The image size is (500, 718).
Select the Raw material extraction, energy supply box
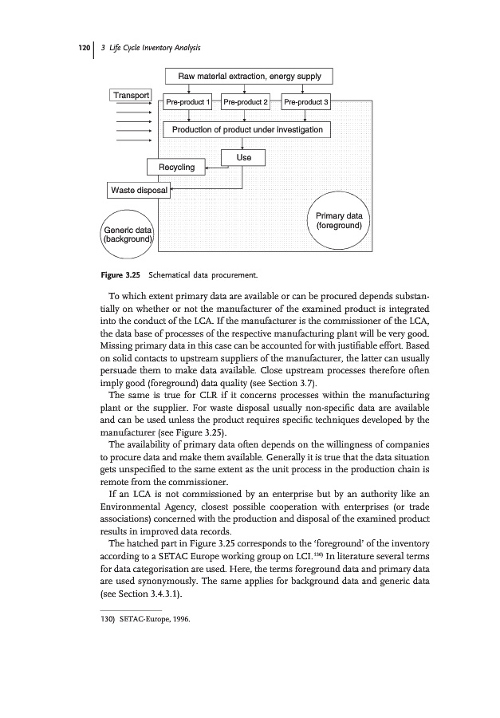pyautogui.click(x=248, y=77)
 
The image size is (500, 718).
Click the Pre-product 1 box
pyautogui.click(x=187, y=103)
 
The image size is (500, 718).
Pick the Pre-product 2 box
pyautogui.click(x=246, y=103)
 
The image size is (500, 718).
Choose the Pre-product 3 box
pyautogui.click(x=306, y=103)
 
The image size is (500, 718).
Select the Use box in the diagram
pyautogui.click(x=243, y=158)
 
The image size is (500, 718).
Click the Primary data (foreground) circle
pyautogui.click(x=339, y=221)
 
